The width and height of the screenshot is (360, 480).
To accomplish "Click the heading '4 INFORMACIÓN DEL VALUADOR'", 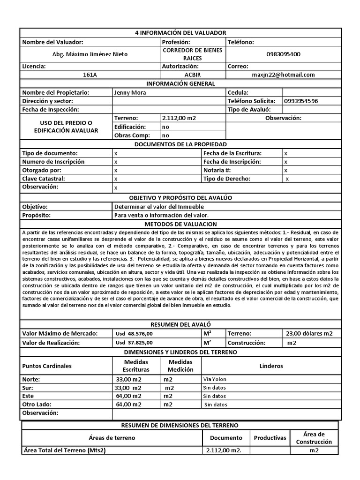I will click(x=180, y=32).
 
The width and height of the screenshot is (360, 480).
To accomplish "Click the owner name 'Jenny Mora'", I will click(x=130, y=92).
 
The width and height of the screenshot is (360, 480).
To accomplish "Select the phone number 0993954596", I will click(x=300, y=101).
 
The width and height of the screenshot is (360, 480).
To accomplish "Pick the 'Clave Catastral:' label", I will click(x=44, y=179).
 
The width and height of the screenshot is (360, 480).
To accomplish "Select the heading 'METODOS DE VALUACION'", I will click(x=180, y=224).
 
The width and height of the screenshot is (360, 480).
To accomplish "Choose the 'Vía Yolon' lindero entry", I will click(x=215, y=379).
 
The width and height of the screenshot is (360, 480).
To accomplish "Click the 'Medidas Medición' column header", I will click(x=180, y=366).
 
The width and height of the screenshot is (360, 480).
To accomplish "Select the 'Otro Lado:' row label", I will click(x=37, y=404).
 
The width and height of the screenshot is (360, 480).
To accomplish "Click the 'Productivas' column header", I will click(x=270, y=438).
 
